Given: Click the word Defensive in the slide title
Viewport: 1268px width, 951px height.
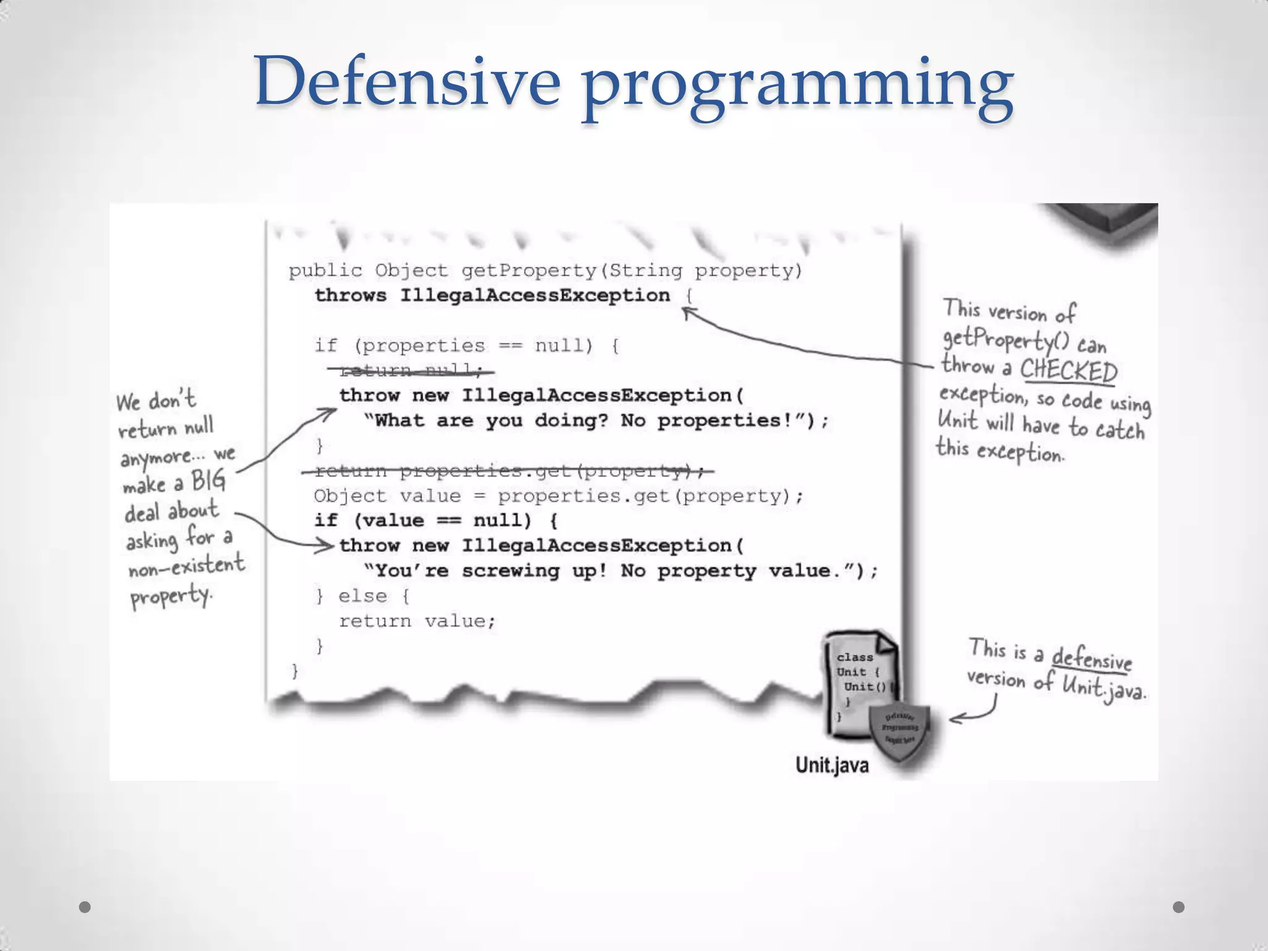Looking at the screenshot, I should click(x=407, y=82).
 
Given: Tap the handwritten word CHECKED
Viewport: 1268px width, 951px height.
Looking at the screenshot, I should click(x=1068, y=370).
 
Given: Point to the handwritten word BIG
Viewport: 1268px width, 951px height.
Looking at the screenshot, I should click(x=208, y=480).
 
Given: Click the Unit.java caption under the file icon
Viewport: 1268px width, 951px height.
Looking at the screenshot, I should click(x=832, y=765).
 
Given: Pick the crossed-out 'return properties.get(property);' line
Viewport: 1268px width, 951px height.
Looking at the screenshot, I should click(x=508, y=471).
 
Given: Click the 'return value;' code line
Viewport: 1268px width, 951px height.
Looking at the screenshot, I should click(x=417, y=621).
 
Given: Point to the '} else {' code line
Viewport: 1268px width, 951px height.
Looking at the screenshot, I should click(x=362, y=596).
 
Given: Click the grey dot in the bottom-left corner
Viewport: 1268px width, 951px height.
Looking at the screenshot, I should click(x=85, y=907).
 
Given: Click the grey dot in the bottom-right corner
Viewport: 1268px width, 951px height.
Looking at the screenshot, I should click(x=1179, y=907).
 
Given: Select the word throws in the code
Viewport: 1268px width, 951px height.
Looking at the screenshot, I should click(x=350, y=295).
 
